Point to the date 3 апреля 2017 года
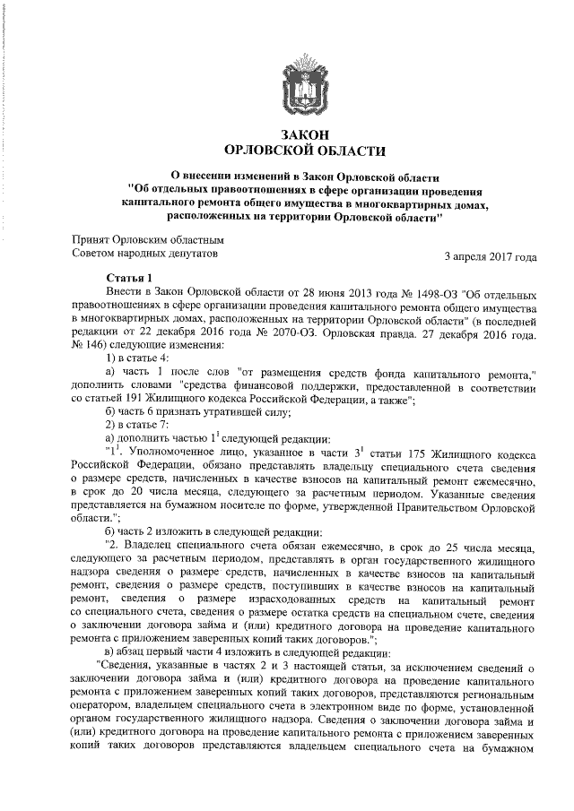491,257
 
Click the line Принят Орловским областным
147,239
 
